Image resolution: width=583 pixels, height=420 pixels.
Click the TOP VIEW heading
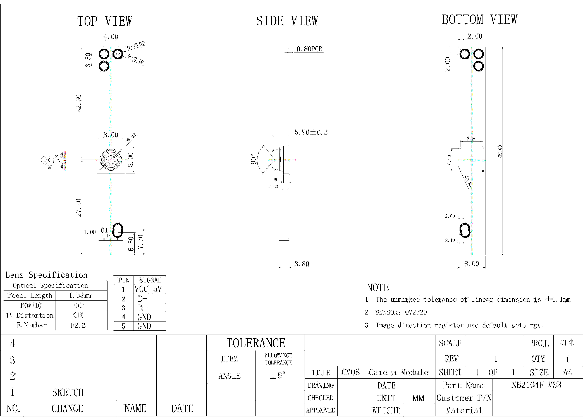(x=105, y=21)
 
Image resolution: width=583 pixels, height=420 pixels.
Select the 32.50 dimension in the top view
(x=78, y=103)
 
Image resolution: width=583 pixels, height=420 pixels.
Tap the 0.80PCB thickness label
(x=309, y=49)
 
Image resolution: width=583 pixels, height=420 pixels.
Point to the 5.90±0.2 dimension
(x=311, y=132)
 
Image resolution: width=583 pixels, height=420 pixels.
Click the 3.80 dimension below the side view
(x=302, y=264)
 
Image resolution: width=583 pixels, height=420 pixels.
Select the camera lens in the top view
(x=111, y=160)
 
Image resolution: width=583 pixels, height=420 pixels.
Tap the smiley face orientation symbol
(x=45, y=160)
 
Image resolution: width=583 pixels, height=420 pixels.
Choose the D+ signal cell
(x=143, y=308)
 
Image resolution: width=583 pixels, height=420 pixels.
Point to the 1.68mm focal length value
(x=80, y=296)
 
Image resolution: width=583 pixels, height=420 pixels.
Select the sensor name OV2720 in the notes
(x=416, y=312)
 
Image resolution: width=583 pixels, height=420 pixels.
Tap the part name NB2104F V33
(x=536, y=385)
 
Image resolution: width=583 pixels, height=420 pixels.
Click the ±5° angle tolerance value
(x=278, y=376)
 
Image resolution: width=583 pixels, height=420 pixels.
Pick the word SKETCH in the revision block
(x=68, y=392)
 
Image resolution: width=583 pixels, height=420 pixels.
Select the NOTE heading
(x=378, y=288)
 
